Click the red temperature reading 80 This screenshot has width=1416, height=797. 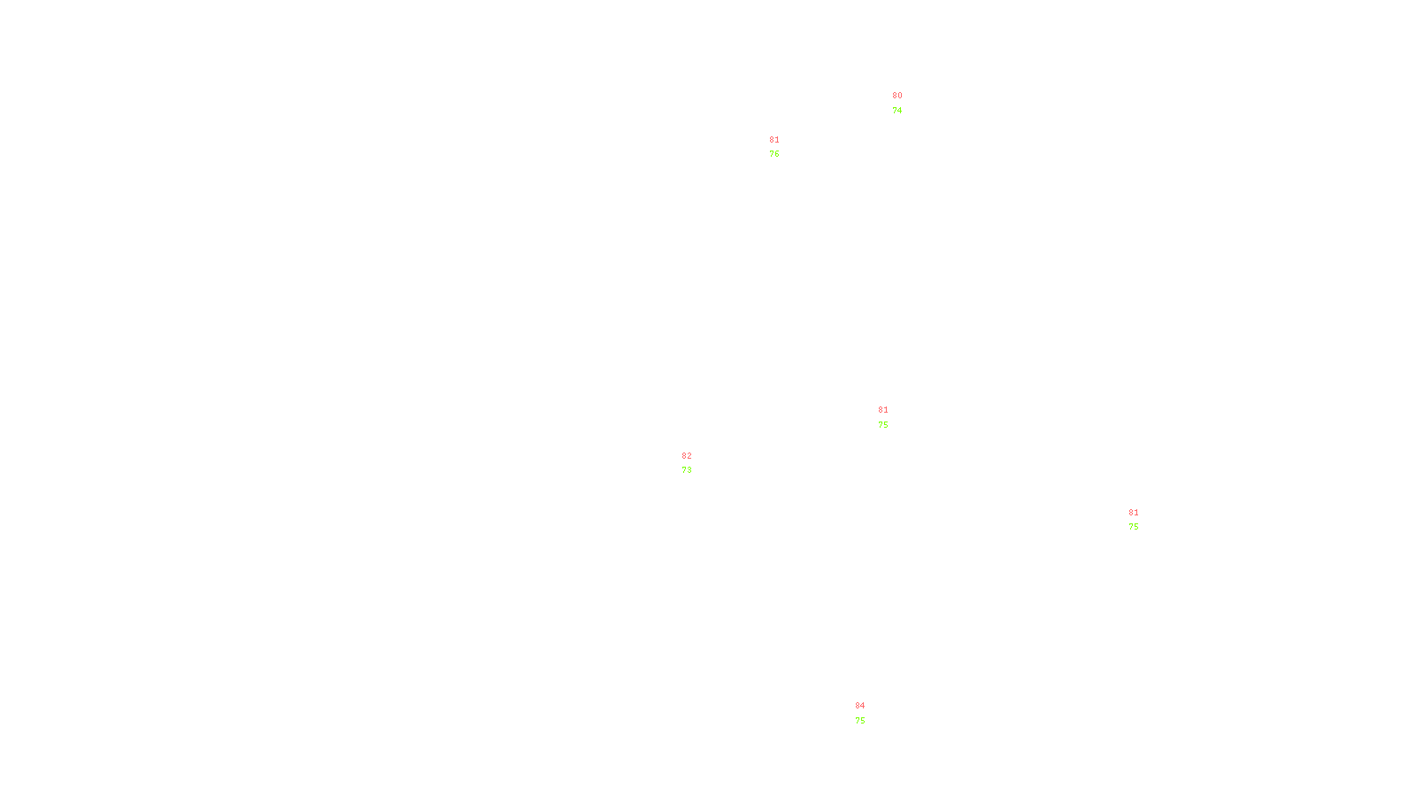coord(897,96)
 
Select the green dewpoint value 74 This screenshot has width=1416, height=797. coord(897,111)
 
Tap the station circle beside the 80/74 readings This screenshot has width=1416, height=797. coord(905,104)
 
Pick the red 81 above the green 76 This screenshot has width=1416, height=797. coord(774,140)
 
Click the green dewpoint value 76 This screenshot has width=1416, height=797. coord(774,154)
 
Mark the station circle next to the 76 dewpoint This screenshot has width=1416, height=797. coord(783,147)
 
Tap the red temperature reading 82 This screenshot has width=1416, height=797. coord(687,456)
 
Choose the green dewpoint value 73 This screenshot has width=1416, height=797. coord(687,470)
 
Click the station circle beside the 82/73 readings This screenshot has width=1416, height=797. coord(695,463)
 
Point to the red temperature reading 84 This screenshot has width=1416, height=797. coord(860,706)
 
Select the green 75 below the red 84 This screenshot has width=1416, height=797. coord(860,721)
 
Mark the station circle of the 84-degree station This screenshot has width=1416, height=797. coord(868,714)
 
